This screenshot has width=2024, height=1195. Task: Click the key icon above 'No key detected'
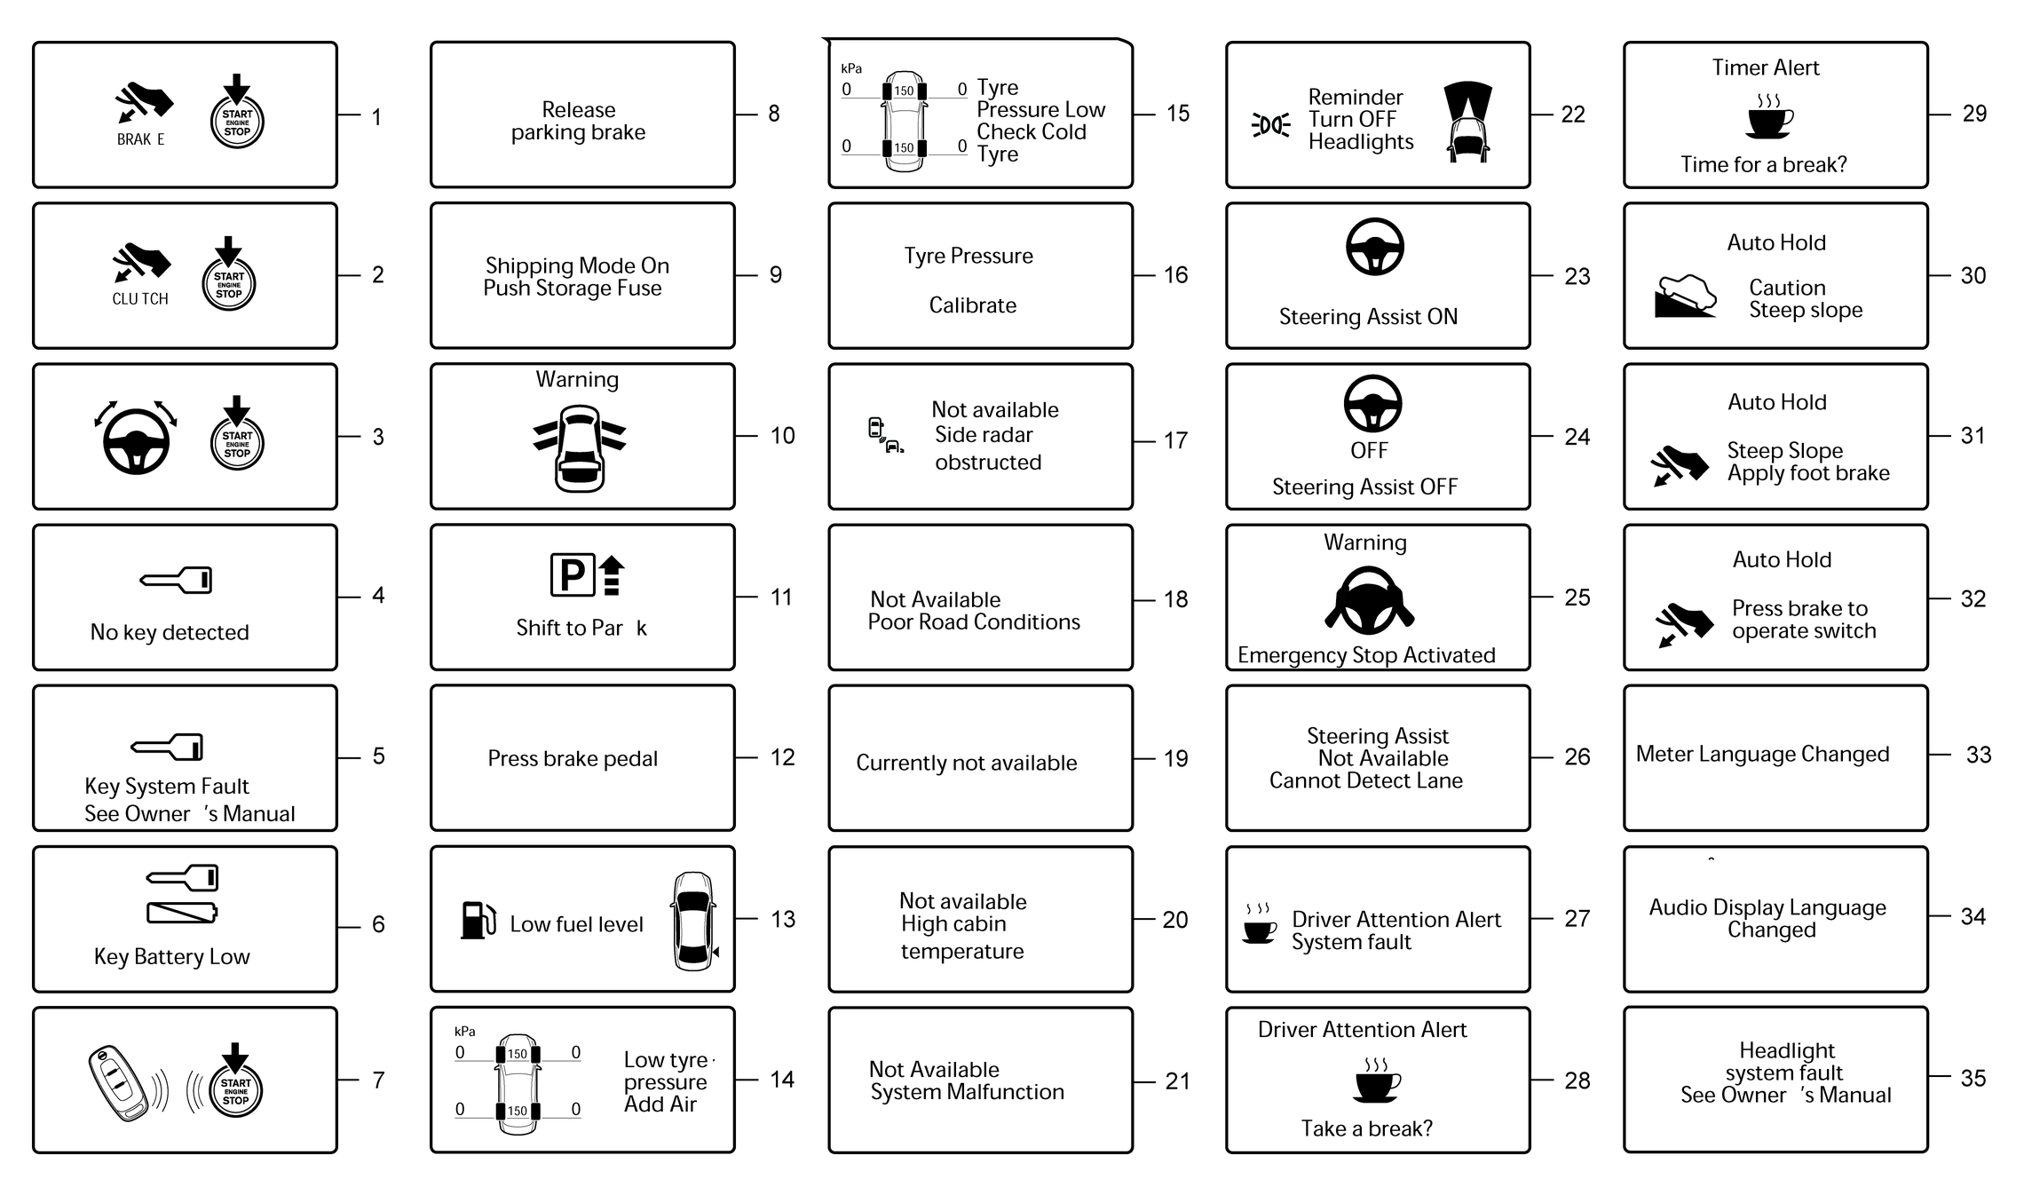pos(177,580)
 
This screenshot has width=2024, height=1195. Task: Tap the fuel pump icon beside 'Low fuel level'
pos(478,921)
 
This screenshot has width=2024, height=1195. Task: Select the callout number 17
pos(1175,440)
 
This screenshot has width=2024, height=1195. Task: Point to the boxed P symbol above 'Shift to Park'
pos(572,575)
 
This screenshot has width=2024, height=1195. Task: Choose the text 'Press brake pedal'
pos(573,758)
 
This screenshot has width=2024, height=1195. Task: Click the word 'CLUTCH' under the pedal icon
pos(140,299)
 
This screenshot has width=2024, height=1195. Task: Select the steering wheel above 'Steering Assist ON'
pos(1375,247)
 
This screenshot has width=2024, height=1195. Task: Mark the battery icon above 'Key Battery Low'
pos(182,912)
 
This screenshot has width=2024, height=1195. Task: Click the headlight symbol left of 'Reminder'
pos(1271,125)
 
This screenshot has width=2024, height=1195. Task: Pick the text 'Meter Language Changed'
pos(1762,754)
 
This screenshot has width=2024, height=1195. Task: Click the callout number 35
pos(1973,1078)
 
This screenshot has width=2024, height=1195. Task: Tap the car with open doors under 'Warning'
pos(580,448)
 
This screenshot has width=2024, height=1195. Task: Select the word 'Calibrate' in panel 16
pos(973,305)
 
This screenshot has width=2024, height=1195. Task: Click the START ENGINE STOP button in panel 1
pos(237,120)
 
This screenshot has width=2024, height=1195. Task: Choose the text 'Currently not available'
pos(967,763)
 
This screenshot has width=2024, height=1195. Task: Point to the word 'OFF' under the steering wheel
pos(1369,451)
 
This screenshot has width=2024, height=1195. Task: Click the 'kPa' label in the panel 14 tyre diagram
pos(465,1032)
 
